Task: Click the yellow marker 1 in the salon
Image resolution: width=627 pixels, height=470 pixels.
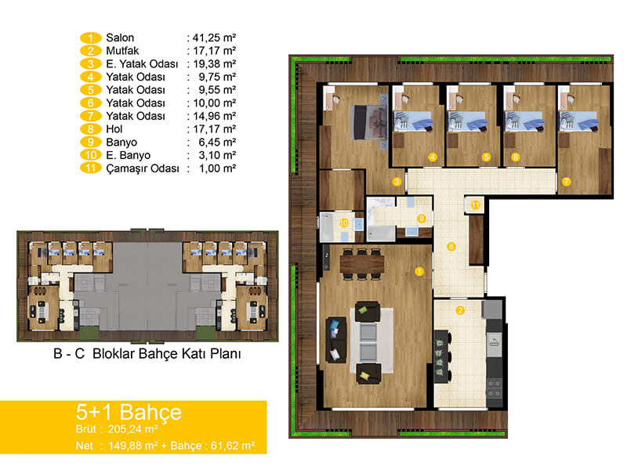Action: coord(419,272)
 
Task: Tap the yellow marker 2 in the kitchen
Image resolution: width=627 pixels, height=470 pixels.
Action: coord(460,310)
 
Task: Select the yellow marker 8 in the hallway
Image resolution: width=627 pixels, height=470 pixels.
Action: coord(451,247)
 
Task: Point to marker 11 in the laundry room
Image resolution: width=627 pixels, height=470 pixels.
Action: coord(475,205)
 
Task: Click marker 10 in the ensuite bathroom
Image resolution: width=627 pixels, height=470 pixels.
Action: coord(344,223)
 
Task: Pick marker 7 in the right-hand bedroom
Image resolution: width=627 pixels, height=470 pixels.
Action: coord(566,182)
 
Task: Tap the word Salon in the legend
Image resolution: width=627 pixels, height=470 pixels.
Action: coord(120,38)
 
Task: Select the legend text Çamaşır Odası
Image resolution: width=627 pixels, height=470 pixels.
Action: coord(143,168)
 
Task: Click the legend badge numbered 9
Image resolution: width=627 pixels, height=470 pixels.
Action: coord(91,143)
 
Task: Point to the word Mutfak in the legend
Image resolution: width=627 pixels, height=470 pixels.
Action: coord(122,51)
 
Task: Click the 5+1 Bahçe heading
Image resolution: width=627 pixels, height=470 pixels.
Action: coord(129,412)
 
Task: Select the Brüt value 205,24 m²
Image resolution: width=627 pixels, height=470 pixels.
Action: coord(132,429)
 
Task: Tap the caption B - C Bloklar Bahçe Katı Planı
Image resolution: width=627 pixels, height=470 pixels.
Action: coord(147,354)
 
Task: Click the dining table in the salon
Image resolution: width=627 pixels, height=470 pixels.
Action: coord(362,264)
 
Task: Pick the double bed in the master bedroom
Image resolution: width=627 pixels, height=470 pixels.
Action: coord(368,122)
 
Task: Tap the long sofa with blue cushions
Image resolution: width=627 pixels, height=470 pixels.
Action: coord(336,340)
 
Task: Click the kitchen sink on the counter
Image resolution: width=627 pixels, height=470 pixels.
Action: coord(495,342)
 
